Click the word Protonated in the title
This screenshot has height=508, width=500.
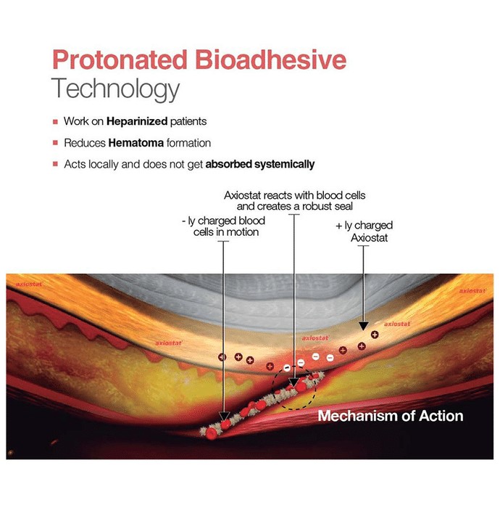coord(120,60)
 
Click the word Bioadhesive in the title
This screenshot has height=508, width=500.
coord(271,60)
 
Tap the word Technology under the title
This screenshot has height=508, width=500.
coord(115,89)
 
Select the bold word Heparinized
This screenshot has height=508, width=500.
coord(137,121)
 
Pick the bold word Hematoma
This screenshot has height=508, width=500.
coord(136,143)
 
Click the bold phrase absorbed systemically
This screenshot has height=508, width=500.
coord(260,164)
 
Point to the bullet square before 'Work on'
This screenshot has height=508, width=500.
coord(55,122)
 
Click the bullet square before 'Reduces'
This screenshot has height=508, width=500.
coord(55,143)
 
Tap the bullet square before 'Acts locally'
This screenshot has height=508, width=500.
coord(55,164)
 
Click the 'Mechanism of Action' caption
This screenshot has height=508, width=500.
coord(391,416)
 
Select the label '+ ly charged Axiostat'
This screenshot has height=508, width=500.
coord(364,232)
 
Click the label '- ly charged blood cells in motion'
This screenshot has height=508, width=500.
coord(224,226)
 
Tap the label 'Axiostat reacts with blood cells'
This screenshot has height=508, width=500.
coord(295,195)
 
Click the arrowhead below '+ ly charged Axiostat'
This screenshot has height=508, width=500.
coord(364,326)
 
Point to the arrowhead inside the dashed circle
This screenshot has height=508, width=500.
coord(293,383)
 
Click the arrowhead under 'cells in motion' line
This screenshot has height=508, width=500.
coord(224,417)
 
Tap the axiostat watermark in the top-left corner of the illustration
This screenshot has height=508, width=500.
coord(29,284)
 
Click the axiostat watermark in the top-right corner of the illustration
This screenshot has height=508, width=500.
coord(472,290)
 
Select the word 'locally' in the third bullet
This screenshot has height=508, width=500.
coord(104,164)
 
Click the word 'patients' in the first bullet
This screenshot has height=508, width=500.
coord(188,121)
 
